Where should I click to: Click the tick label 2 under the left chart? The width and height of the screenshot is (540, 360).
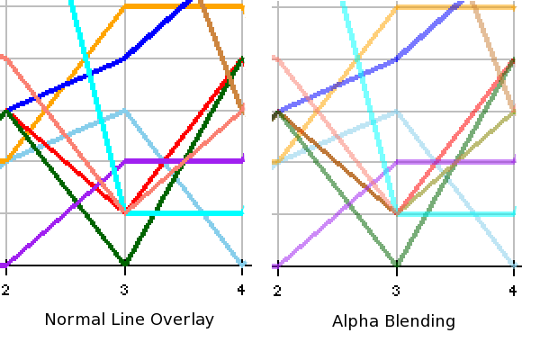point(5,290)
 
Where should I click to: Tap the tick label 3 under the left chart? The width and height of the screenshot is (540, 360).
point(124,290)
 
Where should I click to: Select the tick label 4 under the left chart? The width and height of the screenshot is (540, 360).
point(241,290)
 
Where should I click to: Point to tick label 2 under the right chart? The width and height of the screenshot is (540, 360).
point(277,290)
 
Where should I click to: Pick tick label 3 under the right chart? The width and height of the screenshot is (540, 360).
point(396,290)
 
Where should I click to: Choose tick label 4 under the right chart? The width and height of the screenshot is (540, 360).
point(513,290)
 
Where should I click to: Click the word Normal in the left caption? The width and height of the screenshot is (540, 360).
point(72,319)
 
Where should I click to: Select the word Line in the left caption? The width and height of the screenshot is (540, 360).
point(126,319)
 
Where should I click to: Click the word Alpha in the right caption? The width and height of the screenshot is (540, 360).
point(352,321)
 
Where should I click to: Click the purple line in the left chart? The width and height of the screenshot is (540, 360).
point(189,161)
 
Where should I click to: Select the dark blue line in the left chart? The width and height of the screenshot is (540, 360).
point(63,85)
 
